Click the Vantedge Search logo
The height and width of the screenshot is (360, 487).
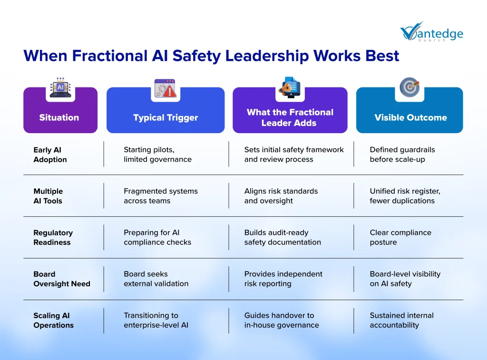(x=432, y=32)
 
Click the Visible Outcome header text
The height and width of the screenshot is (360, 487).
(x=410, y=117)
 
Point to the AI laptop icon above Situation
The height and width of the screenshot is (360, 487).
(x=60, y=88)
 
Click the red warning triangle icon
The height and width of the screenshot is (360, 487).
(x=169, y=91)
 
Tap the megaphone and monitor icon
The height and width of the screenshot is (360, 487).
(x=290, y=88)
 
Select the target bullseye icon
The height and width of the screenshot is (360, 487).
(x=409, y=88)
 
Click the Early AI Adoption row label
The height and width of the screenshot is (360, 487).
(x=50, y=155)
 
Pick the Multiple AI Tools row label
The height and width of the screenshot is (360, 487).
(x=48, y=196)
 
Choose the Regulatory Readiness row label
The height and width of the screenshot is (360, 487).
(x=53, y=237)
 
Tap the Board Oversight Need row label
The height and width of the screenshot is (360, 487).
(x=62, y=279)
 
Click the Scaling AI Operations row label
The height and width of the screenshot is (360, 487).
(x=53, y=320)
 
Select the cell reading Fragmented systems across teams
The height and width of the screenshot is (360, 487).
(x=161, y=195)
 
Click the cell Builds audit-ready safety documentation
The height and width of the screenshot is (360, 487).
(x=282, y=237)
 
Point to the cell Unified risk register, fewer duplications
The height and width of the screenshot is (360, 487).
(x=405, y=195)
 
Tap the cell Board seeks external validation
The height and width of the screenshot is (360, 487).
(x=156, y=279)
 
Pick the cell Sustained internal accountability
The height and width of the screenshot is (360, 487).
(x=401, y=320)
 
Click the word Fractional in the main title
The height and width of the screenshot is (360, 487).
(x=110, y=56)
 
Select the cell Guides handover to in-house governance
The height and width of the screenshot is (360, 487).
(x=282, y=320)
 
